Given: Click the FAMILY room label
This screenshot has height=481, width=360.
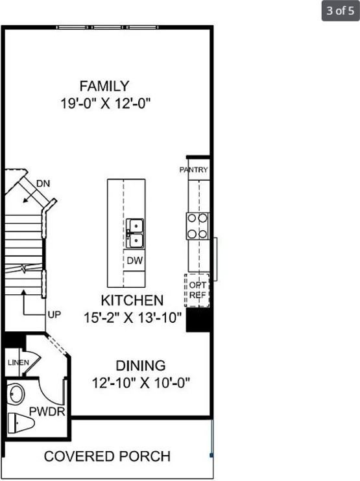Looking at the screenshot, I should tap(104, 86).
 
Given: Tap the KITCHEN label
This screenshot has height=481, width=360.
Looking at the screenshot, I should tap(132, 301).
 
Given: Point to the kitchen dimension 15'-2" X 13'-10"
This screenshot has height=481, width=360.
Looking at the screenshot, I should tap(132, 318).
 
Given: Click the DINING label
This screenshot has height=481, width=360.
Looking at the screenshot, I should tap(140, 365).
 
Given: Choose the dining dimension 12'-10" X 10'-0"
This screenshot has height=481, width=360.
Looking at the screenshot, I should tap(141, 382).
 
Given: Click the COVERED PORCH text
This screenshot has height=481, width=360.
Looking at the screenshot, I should tap(107, 456).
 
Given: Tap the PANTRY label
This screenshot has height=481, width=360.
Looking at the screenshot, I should tap(193, 170).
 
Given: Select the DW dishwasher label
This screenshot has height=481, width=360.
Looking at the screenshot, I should tap(135, 261).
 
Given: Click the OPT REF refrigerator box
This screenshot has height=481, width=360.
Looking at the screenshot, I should tap(197, 290).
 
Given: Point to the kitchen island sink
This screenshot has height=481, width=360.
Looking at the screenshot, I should tap(135, 233).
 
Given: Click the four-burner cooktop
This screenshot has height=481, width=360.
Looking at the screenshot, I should tap(197, 226).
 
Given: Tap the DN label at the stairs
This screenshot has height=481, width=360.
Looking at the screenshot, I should tap(43, 183).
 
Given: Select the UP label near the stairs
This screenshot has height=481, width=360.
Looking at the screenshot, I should tap(54, 315).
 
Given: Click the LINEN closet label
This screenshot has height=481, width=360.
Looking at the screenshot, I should tap(18, 362).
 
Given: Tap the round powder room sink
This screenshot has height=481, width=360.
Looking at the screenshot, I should tap(16, 393).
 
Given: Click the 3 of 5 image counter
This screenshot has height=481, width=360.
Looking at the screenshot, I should tap(340, 10).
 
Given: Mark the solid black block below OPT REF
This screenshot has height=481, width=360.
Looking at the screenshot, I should tap(198, 320).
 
